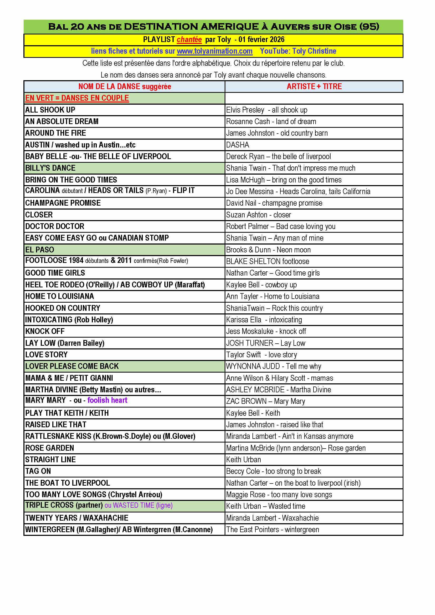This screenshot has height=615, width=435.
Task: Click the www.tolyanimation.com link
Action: point(215,51)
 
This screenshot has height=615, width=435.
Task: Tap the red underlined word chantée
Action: point(189,40)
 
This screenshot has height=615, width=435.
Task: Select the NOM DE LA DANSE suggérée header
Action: point(125,87)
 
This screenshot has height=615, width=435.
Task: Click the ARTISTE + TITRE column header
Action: point(314,87)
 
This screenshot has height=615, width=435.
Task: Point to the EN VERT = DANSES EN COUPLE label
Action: point(77,98)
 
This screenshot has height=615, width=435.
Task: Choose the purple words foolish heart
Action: point(107,400)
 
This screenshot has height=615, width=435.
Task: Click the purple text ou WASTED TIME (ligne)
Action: point(139,505)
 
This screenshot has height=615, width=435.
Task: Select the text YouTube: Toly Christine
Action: point(298,51)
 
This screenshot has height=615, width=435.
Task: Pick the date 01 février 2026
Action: point(261,40)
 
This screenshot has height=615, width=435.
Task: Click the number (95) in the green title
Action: point(369,27)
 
